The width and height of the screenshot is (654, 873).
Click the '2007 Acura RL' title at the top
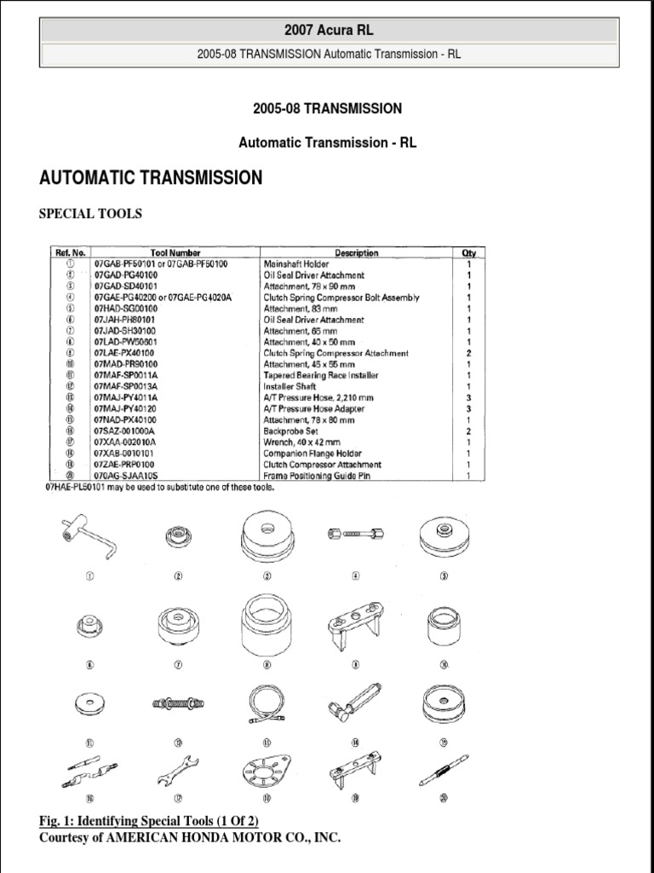327,30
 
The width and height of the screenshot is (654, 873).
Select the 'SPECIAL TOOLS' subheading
90,214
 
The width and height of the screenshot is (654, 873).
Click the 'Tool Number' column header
175,253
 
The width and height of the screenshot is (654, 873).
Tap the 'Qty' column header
468,253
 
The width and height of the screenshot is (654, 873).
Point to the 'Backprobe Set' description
292,431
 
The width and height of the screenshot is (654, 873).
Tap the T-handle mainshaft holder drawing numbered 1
89,539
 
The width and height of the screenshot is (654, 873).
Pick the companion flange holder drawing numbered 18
267,771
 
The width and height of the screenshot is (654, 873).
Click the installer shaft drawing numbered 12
178,703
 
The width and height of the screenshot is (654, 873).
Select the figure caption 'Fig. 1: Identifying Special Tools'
149,821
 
